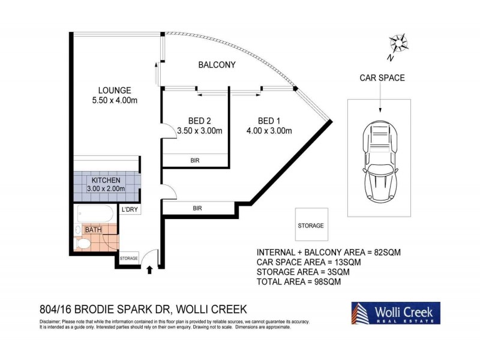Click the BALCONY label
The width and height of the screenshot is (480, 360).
point(217,65)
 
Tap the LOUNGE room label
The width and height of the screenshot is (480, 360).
point(115,91)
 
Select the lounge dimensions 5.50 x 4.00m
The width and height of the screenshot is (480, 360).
point(115,100)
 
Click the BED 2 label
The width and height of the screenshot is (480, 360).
point(200,121)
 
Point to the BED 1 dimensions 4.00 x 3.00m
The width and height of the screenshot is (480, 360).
point(269,131)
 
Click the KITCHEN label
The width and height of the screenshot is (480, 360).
point(106,181)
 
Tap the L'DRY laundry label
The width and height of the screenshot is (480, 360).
point(130,209)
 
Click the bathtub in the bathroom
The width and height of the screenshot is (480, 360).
point(95,214)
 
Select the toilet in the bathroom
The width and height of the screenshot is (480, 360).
point(83,244)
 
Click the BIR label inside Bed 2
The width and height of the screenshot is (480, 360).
point(195,160)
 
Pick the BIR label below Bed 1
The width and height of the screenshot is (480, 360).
point(197,208)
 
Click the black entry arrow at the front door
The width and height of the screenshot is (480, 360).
point(149,270)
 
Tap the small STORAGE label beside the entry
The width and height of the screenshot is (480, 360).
point(128,259)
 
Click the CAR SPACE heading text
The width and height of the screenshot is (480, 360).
point(382,78)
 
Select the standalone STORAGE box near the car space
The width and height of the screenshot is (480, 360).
point(311,224)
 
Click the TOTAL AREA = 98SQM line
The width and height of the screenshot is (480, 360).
point(298,281)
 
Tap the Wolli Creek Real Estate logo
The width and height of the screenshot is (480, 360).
point(396,313)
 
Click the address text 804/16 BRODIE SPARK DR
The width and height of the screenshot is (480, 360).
point(104,310)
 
